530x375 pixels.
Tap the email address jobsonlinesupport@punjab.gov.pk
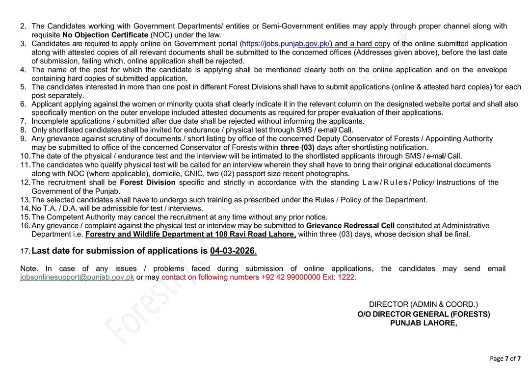pyautogui.click(x=77, y=277)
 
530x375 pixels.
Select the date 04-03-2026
pyautogui.click(x=233, y=251)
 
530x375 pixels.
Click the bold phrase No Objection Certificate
pyautogui.click(x=105, y=35)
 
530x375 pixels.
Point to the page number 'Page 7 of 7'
pyautogui.click(x=505, y=358)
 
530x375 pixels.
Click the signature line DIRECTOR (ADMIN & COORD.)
pyautogui.click(x=423, y=305)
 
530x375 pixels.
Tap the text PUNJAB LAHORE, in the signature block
pyautogui.click(x=423, y=323)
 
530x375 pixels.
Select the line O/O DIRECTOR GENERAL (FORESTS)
pyautogui.click(x=423, y=314)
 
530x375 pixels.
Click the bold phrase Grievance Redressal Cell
pyautogui.click(x=350, y=226)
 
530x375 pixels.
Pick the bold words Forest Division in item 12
pyautogui.click(x=147, y=183)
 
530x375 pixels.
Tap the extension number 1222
pyautogui.click(x=346, y=277)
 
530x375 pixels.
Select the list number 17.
pyautogui.click(x=25, y=251)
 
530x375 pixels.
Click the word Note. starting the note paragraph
pyautogui.click(x=28, y=268)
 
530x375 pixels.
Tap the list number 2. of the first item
pyautogui.click(x=24, y=26)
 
